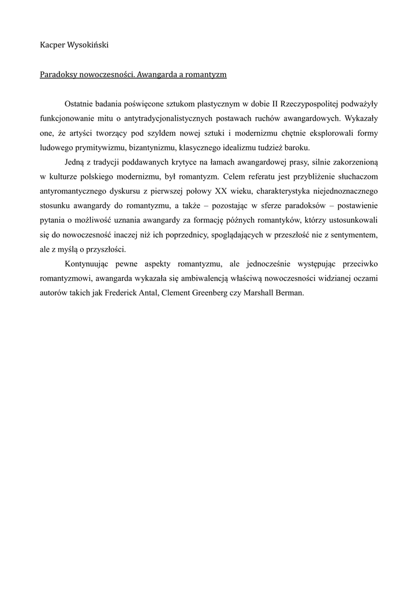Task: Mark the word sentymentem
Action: [x=353, y=235]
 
